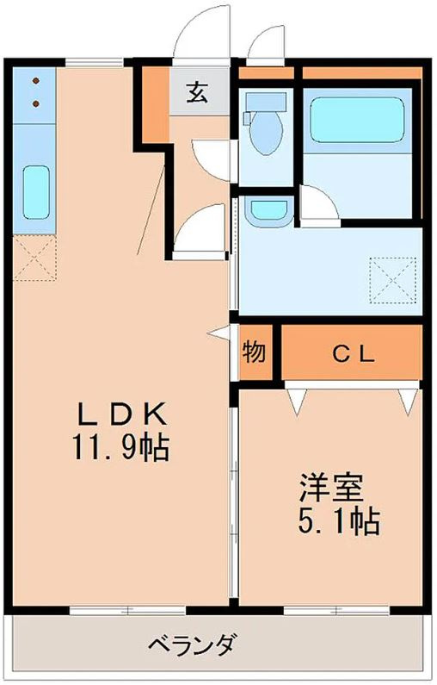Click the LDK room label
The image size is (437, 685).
(120, 414)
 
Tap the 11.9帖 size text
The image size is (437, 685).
(120, 448)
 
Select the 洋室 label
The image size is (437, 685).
(331, 488)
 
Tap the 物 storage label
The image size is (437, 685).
(255, 352)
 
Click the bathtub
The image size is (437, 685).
(355, 120)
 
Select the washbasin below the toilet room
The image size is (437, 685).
(268, 209)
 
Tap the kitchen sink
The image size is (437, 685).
(35, 193)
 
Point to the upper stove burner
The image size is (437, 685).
(37, 82)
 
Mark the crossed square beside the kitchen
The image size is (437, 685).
(34, 259)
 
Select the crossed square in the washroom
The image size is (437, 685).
(390, 278)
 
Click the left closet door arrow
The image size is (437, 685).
(298, 399)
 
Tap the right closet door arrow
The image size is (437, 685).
(408, 399)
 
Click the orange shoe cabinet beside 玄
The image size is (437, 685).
(155, 102)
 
